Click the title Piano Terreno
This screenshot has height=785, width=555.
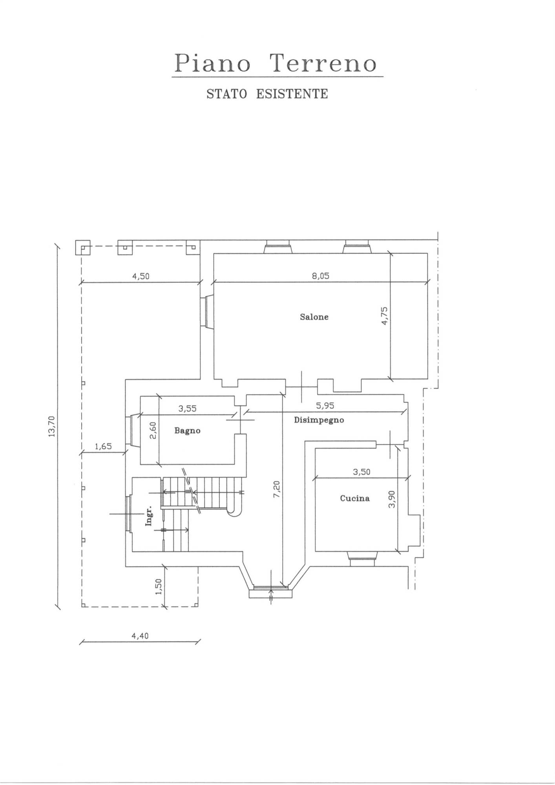[x=276, y=63]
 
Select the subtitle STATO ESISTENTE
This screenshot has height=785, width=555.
[x=267, y=94]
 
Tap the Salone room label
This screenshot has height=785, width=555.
[x=314, y=317]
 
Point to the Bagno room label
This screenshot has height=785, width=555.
[x=187, y=431]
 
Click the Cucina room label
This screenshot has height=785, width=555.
[x=355, y=498]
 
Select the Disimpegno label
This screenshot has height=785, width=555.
[x=319, y=420]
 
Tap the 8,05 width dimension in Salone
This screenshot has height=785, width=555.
[x=321, y=276]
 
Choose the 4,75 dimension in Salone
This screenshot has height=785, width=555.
[x=385, y=316]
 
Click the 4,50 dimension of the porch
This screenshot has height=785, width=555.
[x=141, y=276]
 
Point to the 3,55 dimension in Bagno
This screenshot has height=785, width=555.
[x=188, y=409]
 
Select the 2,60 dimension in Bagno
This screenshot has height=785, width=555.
[x=153, y=431]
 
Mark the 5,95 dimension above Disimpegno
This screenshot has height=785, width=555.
[x=325, y=405]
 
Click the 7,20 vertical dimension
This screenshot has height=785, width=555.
[x=277, y=489]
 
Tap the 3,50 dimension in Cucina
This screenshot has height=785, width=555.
[x=361, y=472]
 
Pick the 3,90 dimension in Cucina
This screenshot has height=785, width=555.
[x=391, y=499]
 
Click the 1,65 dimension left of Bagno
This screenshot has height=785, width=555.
[x=103, y=446]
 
